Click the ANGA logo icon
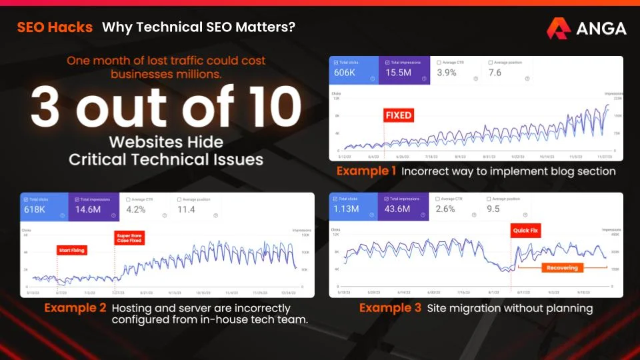click(x=558, y=28)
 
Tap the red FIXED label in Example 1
click(x=399, y=115)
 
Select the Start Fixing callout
click(x=73, y=251)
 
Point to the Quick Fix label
click(x=526, y=231)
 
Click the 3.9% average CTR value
click(x=447, y=73)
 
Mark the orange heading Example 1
click(x=367, y=171)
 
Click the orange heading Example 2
click(x=75, y=309)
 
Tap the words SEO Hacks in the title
click(x=55, y=28)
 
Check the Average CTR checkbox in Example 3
click(x=438, y=199)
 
